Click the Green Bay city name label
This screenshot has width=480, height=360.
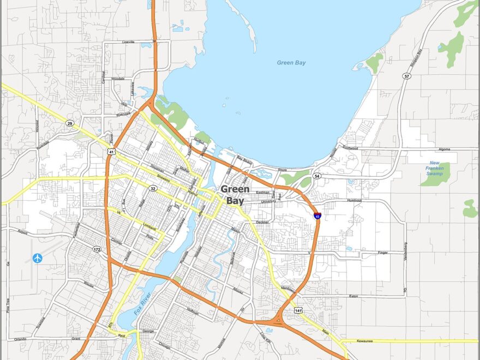click(x=236, y=195)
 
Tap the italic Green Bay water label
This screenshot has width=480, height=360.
click(x=291, y=63)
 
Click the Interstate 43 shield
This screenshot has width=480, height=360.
click(x=317, y=216)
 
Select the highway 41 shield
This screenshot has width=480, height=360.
click(x=111, y=152)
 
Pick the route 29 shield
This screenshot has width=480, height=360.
click(x=70, y=123)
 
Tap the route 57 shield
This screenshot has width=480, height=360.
click(x=407, y=76)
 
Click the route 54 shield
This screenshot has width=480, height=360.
click(x=317, y=176)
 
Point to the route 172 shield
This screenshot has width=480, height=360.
click(x=97, y=249)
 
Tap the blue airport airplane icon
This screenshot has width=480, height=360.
click(x=38, y=257)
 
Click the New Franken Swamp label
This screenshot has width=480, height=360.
click(x=434, y=168)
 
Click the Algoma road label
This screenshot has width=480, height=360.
click(x=445, y=149)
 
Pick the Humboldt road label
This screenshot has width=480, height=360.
click(x=354, y=201)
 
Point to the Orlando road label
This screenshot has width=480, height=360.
click(x=21, y=339)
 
